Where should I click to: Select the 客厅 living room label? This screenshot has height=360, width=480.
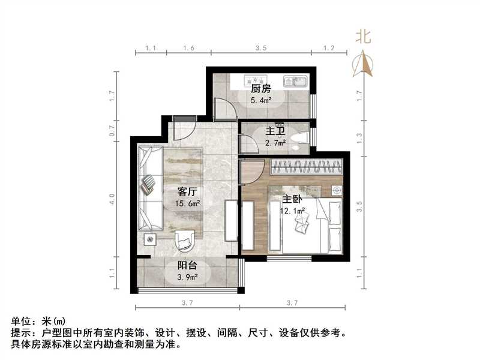(188, 192)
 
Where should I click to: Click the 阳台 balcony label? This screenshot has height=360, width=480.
(188, 266)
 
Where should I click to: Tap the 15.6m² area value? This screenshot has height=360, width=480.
(188, 204)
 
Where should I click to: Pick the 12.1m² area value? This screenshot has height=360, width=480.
(293, 211)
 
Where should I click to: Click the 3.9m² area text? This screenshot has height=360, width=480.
(188, 277)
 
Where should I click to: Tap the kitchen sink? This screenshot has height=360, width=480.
(295, 80)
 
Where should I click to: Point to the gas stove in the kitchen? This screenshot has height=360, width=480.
(257, 79)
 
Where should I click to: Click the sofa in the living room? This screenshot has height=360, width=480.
(148, 188)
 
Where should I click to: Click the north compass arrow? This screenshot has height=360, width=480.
(364, 64)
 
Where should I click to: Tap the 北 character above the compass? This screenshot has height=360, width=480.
(364, 37)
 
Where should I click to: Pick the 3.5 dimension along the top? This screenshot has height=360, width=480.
(260, 47)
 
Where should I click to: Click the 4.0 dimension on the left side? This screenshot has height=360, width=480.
(112, 199)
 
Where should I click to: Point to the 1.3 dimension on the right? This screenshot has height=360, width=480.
(359, 136)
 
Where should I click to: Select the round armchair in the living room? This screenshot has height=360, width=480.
(185, 240)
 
